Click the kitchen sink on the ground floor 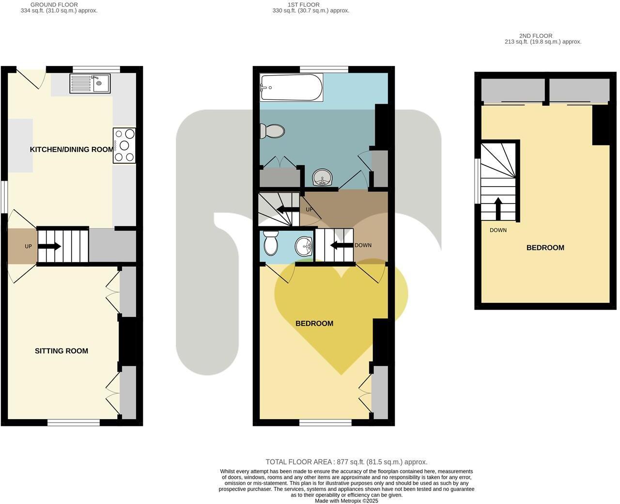(90, 83)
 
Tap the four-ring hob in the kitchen (124, 145)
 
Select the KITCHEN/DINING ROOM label (72, 149)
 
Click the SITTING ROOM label (62, 351)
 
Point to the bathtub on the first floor (291, 87)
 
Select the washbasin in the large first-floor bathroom (322, 178)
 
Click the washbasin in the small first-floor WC (304, 246)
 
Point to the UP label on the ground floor (29, 247)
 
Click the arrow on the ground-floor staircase (49, 247)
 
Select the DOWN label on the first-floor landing (363, 245)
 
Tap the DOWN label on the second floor (498, 230)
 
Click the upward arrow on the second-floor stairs (498, 208)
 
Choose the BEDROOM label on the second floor (545, 248)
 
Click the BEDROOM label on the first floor (314, 323)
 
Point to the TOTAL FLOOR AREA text (346, 462)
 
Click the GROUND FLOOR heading (54, 5)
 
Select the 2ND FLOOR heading (536, 36)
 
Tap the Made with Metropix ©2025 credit (346, 501)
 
